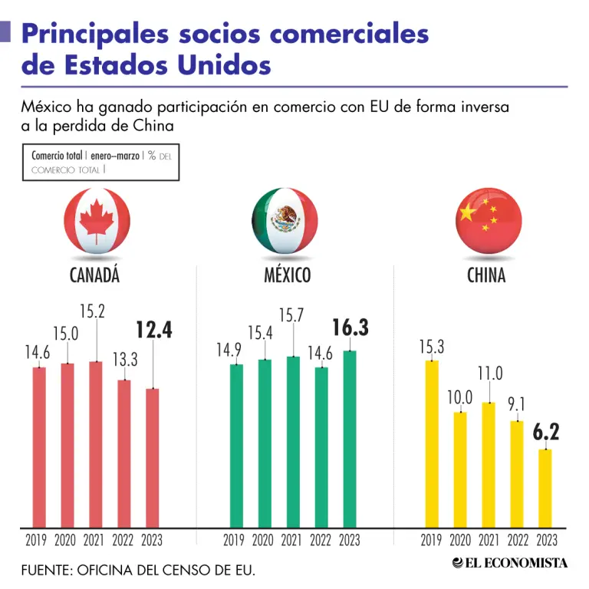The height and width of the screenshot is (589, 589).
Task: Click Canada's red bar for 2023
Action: pos(153,459)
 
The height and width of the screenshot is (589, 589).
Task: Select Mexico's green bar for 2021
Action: pos(294,442)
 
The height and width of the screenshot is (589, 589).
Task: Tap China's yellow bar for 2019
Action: pos(432,444)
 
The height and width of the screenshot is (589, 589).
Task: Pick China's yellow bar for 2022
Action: pos(516,475)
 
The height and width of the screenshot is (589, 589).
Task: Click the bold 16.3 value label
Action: pos(350,327)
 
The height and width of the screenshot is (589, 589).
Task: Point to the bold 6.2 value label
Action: pos(546,432)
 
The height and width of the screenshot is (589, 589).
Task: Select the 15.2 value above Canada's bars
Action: pos(92,311)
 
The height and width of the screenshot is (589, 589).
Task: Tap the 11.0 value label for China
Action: pos(490,373)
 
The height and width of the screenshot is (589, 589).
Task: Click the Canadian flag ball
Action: pos(97,221)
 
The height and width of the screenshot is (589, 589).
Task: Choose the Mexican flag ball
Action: pos(285,221)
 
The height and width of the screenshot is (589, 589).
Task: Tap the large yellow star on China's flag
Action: pos(467,212)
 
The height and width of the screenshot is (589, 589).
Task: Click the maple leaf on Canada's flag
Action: pos(97,220)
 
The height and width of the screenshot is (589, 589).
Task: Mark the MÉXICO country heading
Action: pos(288,275)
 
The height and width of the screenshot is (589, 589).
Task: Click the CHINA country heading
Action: pos(486,275)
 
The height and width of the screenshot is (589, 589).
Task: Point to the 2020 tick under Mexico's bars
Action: pos(262,540)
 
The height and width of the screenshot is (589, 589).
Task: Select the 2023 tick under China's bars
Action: pos(547,540)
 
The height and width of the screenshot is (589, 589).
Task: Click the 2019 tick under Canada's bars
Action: pos(36,540)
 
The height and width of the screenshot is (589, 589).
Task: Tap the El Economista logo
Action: pos(510,563)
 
